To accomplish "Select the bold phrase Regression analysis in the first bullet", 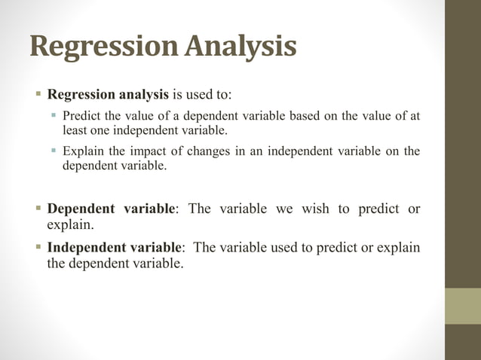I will pos(109,95).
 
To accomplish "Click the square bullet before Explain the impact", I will pos(54,151).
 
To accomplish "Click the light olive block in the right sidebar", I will pos(462,306).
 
